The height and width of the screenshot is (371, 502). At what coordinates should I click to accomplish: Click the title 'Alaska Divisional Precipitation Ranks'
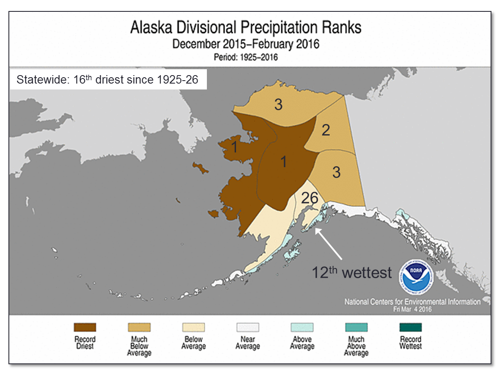tap(246, 28)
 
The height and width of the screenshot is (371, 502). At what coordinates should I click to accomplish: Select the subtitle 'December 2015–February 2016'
tap(246, 44)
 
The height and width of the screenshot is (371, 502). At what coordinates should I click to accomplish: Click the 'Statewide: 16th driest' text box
tap(108, 79)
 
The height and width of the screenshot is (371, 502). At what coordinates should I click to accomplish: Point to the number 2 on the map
tap(326, 130)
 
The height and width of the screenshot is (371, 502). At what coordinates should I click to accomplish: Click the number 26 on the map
tap(309, 198)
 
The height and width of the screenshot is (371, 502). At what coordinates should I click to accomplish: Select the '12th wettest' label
tap(352, 272)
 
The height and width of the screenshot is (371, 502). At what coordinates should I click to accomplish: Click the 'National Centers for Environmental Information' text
tap(412, 302)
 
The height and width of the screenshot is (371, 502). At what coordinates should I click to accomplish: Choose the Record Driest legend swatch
tap(85, 327)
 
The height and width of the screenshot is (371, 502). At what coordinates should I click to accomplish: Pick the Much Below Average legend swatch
tap(139, 327)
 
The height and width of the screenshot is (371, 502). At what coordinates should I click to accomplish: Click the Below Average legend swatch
tap(193, 327)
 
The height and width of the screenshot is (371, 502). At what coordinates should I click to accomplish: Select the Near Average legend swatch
tap(248, 327)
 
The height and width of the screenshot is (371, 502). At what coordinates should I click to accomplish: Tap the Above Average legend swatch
tap(302, 327)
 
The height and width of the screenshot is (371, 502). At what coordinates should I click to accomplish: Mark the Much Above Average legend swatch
tap(356, 327)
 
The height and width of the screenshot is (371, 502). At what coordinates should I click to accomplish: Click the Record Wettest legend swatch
tap(410, 327)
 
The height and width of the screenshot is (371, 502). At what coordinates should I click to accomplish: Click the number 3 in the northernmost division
tap(278, 105)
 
